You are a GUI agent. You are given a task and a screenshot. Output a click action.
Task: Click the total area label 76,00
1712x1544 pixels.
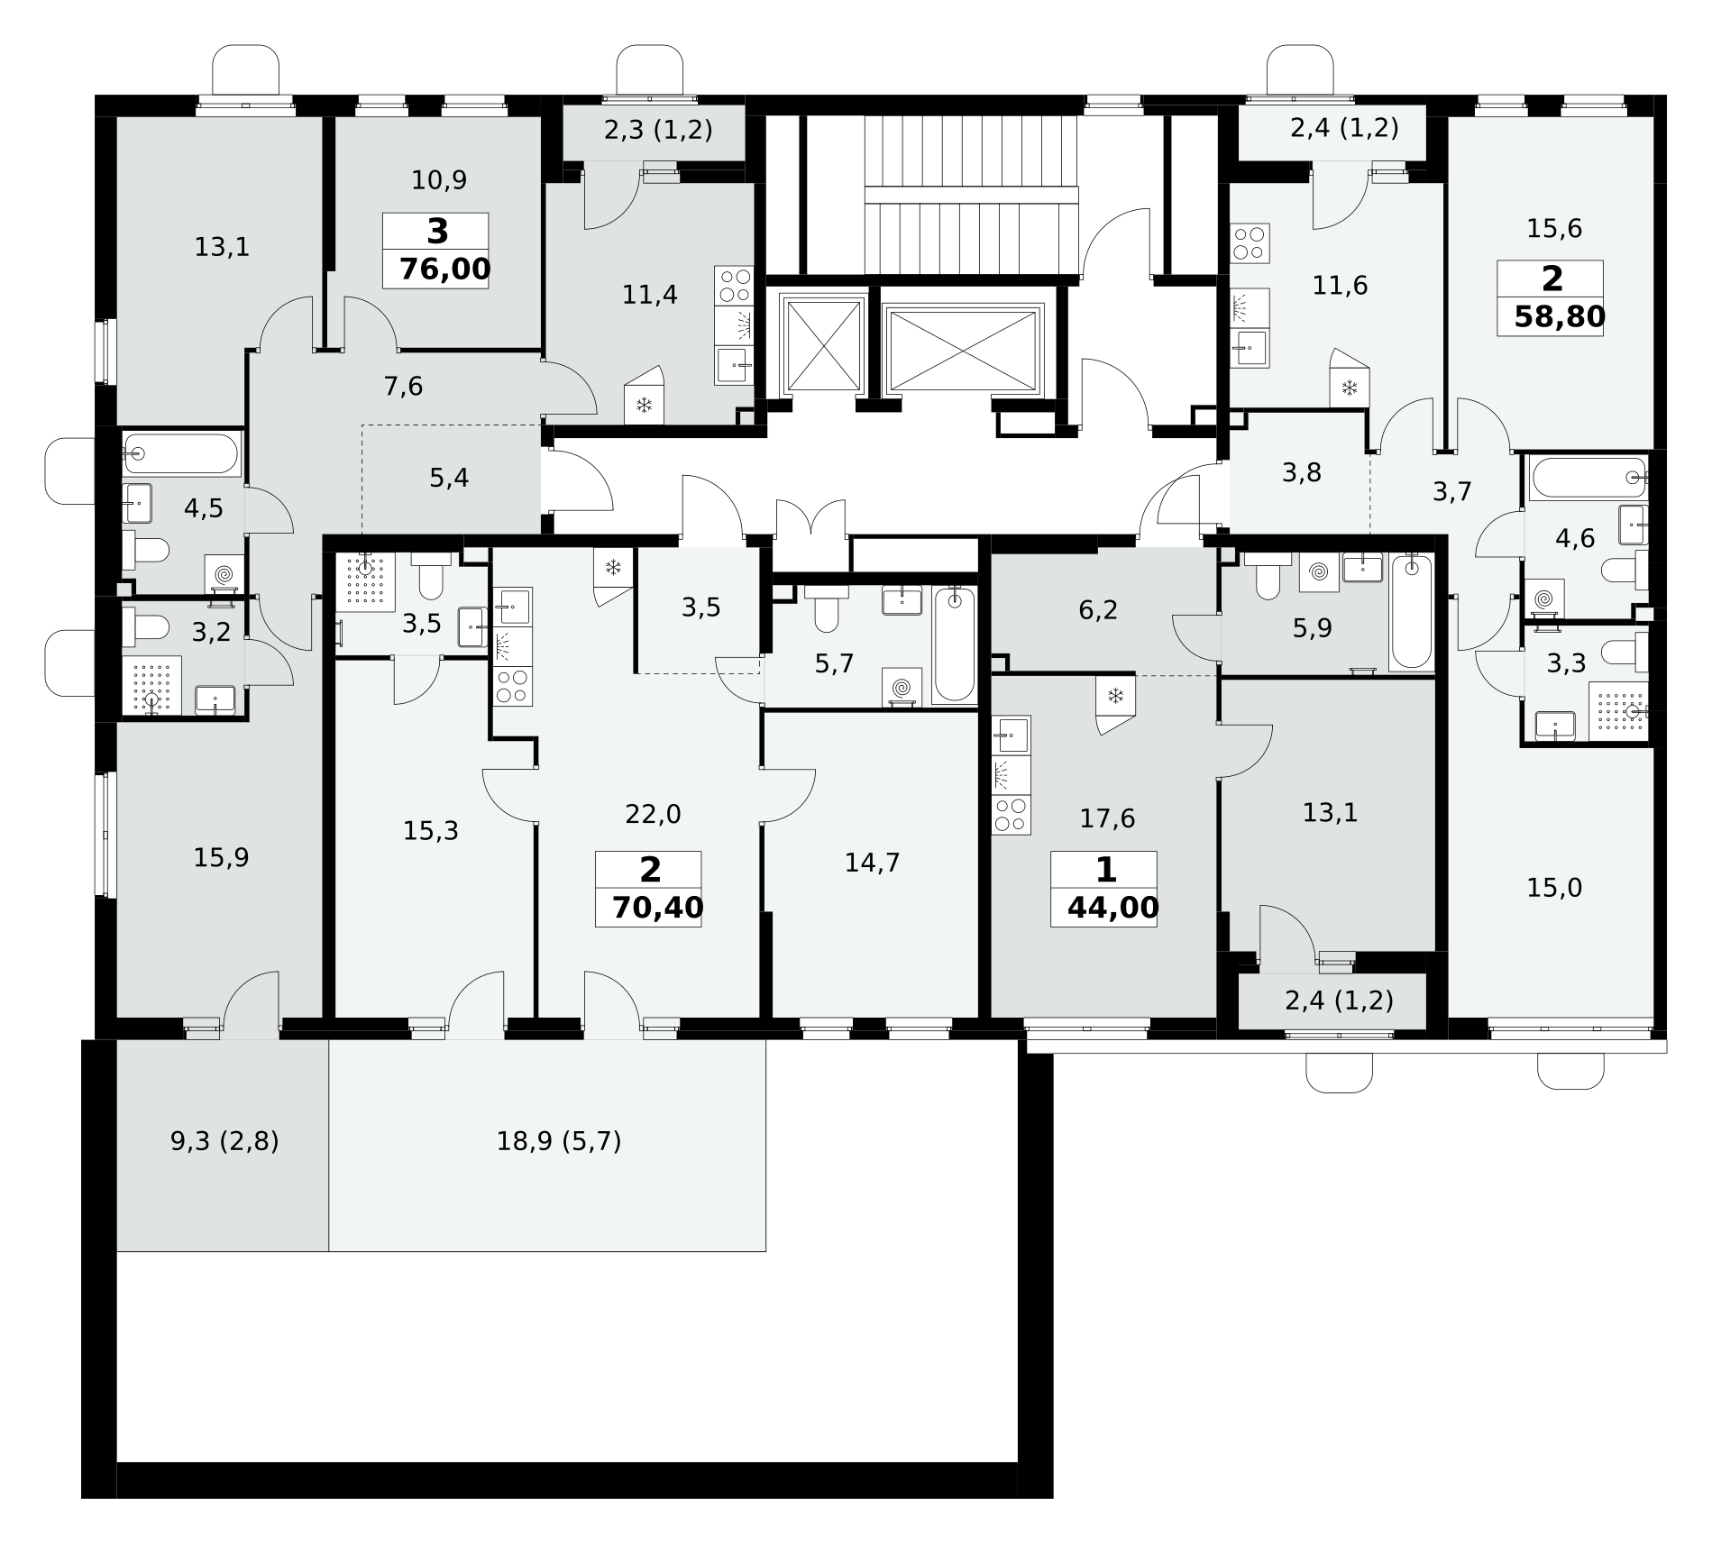(445, 269)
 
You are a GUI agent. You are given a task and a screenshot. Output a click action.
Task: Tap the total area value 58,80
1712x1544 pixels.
(1560, 316)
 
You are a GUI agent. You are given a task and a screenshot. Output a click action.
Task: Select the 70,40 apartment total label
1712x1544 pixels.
(657, 907)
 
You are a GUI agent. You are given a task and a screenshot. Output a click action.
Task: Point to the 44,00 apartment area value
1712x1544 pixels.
(1112, 907)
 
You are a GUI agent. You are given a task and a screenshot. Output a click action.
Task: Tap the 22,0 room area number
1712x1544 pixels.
(654, 815)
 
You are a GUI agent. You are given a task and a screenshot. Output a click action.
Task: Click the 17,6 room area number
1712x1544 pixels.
(1107, 818)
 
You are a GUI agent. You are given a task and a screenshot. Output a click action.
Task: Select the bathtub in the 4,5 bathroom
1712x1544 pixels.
(182, 453)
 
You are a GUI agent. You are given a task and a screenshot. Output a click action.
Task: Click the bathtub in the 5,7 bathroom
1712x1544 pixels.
(954, 645)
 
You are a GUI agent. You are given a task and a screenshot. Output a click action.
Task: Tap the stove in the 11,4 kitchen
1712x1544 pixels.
(734, 286)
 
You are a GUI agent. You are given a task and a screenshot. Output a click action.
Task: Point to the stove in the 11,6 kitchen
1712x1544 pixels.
(1250, 243)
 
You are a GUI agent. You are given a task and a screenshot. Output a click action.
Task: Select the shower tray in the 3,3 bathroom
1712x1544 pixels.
(1617, 711)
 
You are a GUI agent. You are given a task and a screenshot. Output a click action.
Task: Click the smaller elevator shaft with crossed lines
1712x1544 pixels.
(823, 346)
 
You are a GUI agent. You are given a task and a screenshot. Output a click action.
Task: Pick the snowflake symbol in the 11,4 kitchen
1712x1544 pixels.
(644, 405)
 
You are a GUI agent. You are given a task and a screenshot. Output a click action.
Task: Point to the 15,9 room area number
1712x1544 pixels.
(221, 858)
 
